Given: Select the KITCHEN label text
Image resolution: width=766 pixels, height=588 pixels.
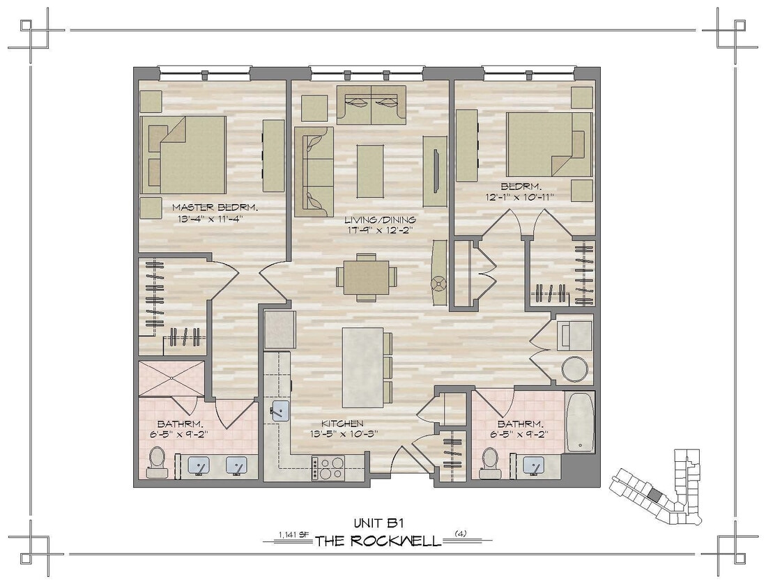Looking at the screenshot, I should [x=342, y=423].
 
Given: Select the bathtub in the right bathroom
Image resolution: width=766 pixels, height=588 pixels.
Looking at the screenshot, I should [x=580, y=422].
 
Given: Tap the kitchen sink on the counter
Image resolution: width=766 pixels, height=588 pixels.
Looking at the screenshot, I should [x=280, y=410].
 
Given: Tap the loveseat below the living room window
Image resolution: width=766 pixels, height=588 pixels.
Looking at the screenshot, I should [x=371, y=105].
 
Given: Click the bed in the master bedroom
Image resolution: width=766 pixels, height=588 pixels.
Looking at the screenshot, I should [x=184, y=155].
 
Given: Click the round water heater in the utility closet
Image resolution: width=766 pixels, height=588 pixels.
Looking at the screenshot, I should [x=574, y=369].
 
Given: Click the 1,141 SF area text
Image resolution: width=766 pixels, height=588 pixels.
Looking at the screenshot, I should [x=293, y=534].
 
